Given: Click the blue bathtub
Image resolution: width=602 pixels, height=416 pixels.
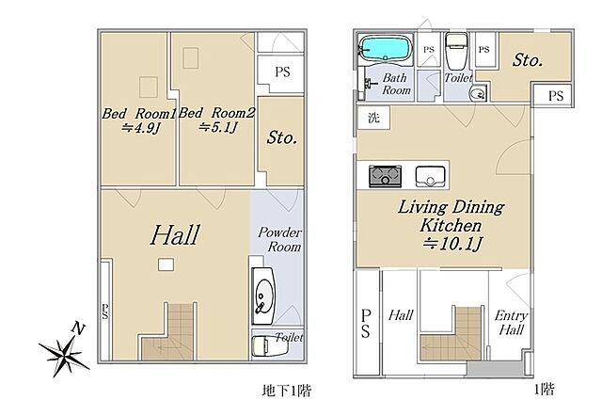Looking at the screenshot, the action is pos(385,49).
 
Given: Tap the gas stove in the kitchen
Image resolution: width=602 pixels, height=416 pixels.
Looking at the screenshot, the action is pos(385,176).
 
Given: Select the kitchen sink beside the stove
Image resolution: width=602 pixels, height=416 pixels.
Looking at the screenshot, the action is pos(431,176).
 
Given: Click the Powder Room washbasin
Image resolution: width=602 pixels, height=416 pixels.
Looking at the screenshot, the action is pos(263,296).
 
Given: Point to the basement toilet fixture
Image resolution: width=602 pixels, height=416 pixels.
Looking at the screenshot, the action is pos(269,345).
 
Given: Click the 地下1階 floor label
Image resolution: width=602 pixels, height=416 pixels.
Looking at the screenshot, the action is pos(286,391).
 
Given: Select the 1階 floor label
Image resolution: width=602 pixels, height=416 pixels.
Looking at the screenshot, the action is pos(544,391).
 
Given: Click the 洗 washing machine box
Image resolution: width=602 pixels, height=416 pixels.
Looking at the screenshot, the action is pos(373,118).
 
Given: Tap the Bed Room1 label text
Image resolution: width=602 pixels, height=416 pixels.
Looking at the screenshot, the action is pos(138,114).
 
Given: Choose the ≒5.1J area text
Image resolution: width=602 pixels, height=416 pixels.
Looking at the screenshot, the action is pos(218,127).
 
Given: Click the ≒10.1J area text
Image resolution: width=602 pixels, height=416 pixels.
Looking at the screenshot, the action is pos(451,244).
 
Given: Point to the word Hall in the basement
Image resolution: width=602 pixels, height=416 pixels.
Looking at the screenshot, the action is pos(175,235).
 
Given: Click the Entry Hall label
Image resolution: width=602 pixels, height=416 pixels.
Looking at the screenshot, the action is pos(511,323).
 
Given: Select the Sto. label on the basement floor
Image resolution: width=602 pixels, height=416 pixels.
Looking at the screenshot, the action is pos(282,137).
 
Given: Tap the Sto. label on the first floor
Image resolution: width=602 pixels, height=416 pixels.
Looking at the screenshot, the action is pos(528,60).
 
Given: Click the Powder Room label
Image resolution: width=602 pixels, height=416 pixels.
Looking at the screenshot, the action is pos(279,239).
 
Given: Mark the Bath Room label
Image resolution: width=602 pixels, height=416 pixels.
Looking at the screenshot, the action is pos(396,84).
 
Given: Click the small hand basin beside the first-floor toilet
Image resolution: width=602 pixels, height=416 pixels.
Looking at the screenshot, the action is pos(477,93).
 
